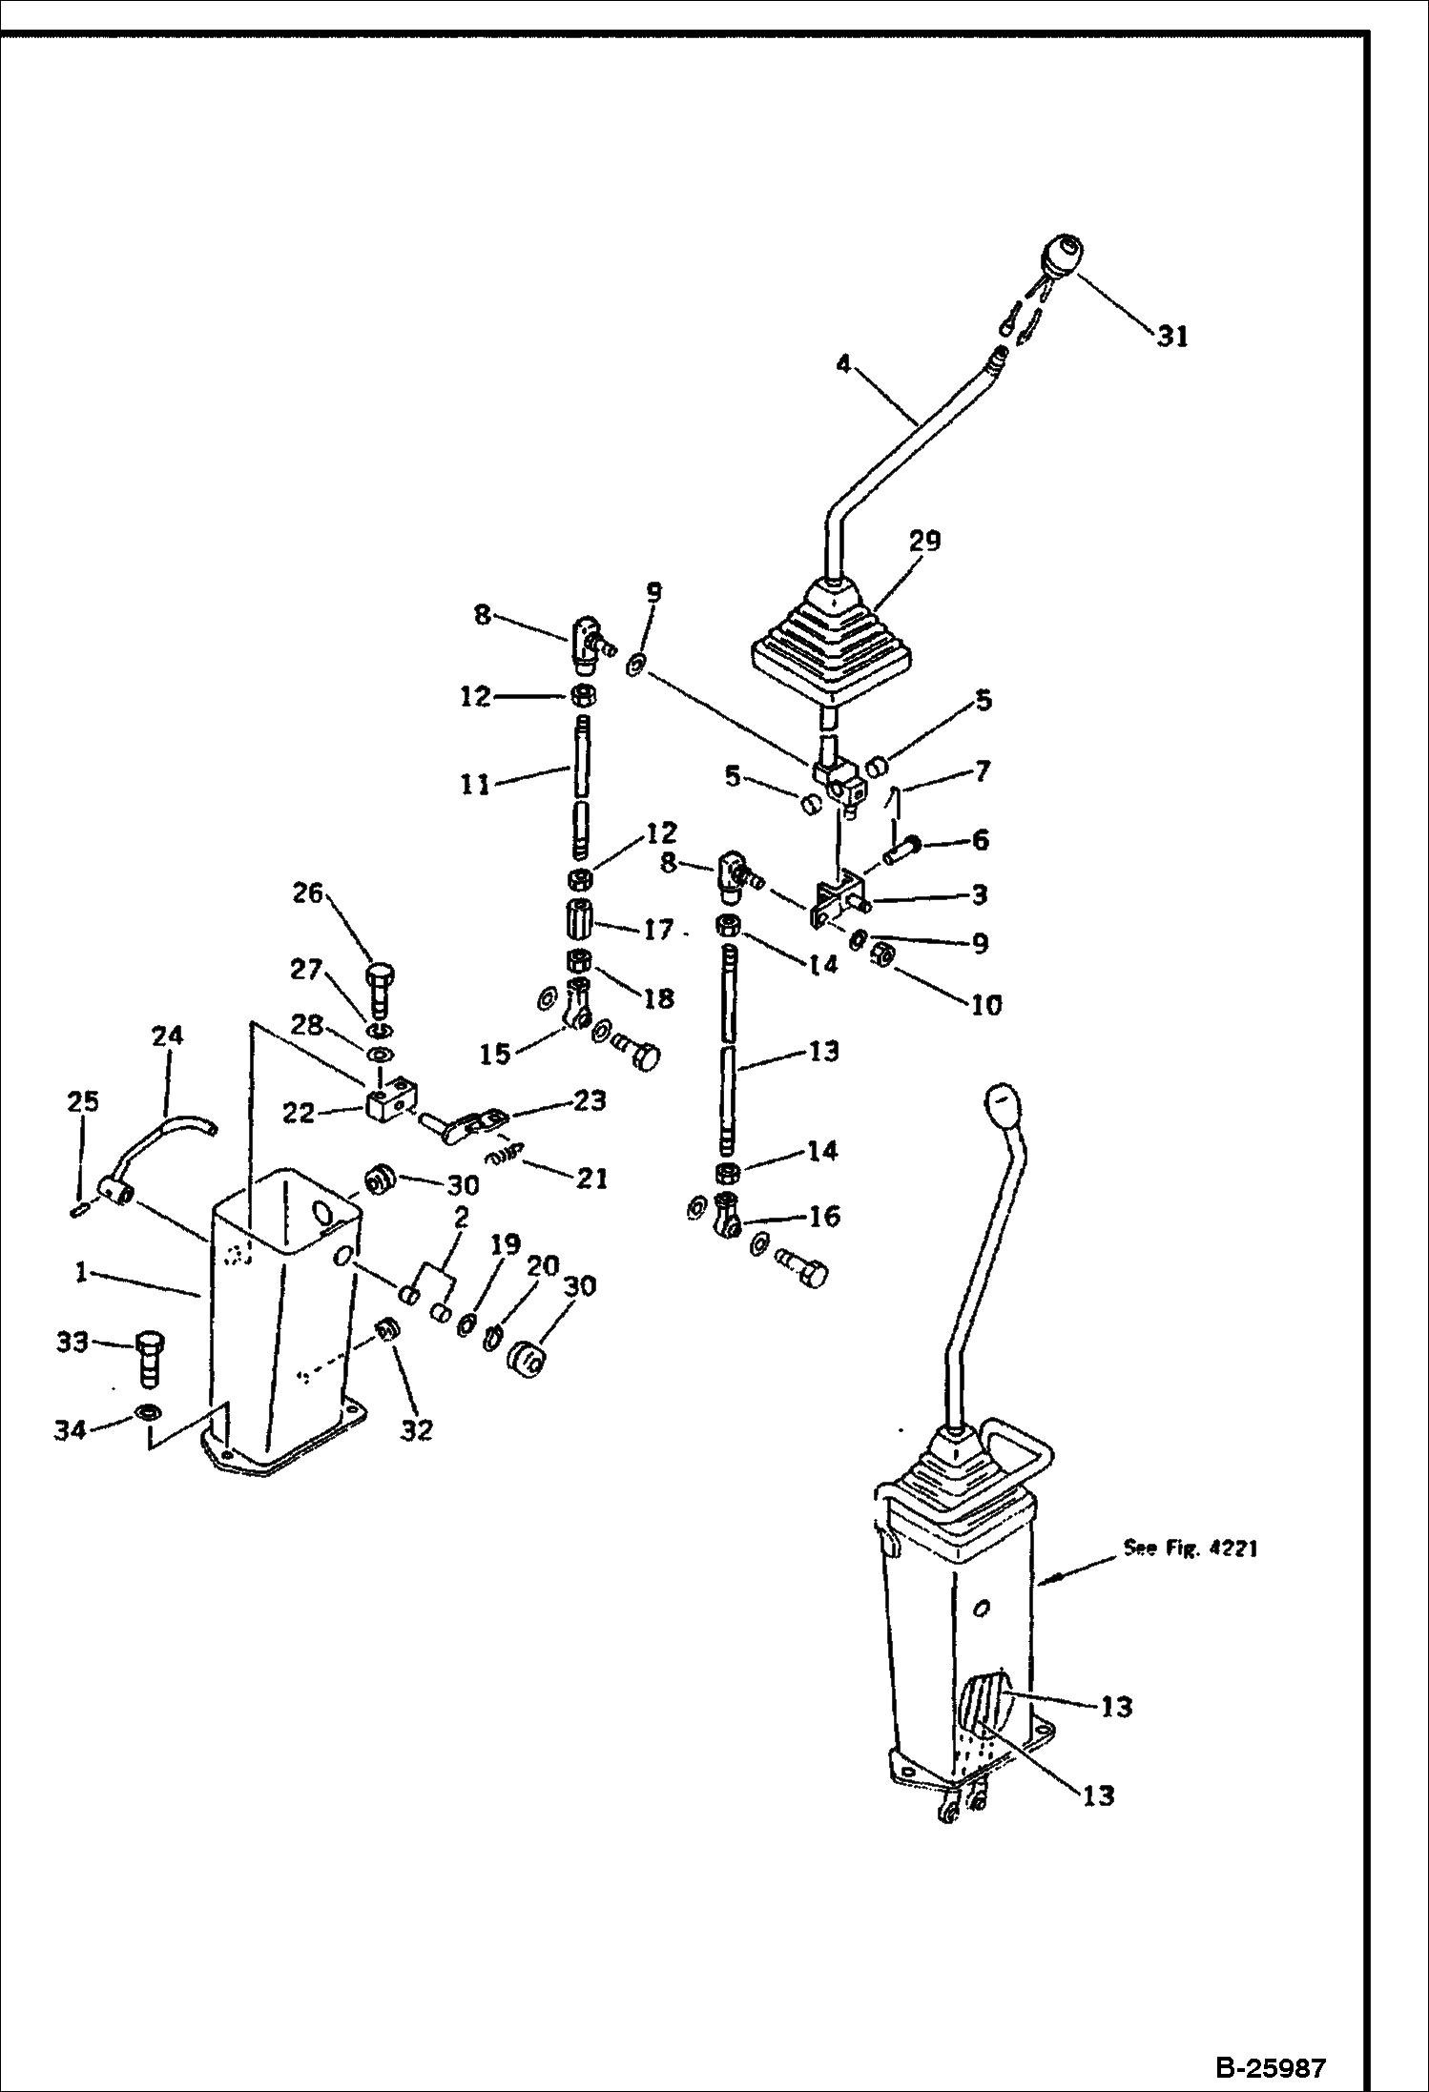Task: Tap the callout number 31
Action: tap(1172, 337)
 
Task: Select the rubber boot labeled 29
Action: tap(831, 637)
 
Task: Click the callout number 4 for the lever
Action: tap(842, 364)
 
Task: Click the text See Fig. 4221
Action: tap(1190, 1548)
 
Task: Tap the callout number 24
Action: tap(167, 1036)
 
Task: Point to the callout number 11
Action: tap(475, 785)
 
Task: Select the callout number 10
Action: tap(986, 1004)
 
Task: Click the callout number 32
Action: tap(416, 1429)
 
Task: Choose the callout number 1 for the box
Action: tap(82, 1273)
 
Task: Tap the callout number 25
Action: tap(82, 1101)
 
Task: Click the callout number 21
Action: tap(591, 1179)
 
